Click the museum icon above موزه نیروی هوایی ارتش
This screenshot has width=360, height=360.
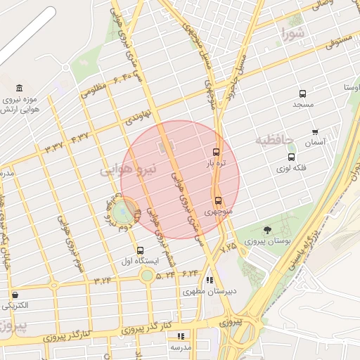pos(18,89)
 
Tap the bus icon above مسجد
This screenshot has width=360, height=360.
pos(302,94)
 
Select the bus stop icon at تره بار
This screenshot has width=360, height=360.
pos(216,152)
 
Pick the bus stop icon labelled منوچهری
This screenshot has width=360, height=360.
pos(218,200)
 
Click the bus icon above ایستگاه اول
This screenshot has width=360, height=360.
pos(141,250)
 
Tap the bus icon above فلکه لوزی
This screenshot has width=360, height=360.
pos(291,157)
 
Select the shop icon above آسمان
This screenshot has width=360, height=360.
pos(314,131)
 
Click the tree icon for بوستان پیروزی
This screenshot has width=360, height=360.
pos(267,230)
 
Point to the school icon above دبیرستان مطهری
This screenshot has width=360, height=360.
pos(210,280)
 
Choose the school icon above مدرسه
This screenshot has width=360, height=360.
pos(181,336)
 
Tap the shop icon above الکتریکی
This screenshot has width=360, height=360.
pos(15,295)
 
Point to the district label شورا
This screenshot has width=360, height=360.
pos(292,33)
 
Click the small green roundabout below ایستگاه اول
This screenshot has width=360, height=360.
pos(146,275)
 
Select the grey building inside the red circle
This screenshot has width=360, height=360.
pos(167,148)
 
